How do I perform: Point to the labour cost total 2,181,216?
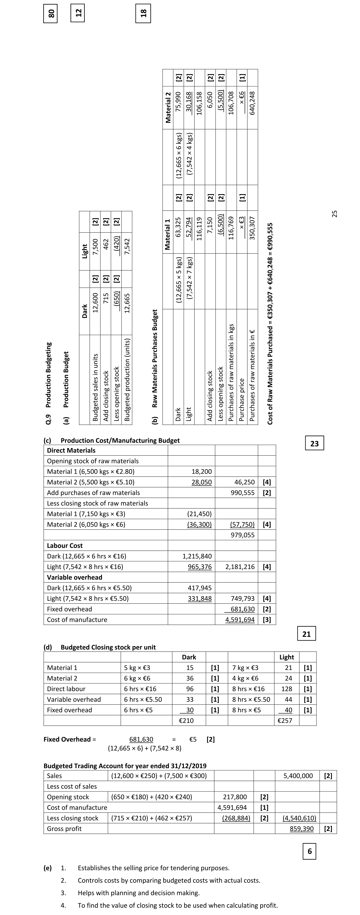(x=240, y=567)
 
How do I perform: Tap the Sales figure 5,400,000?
(x=298, y=776)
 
